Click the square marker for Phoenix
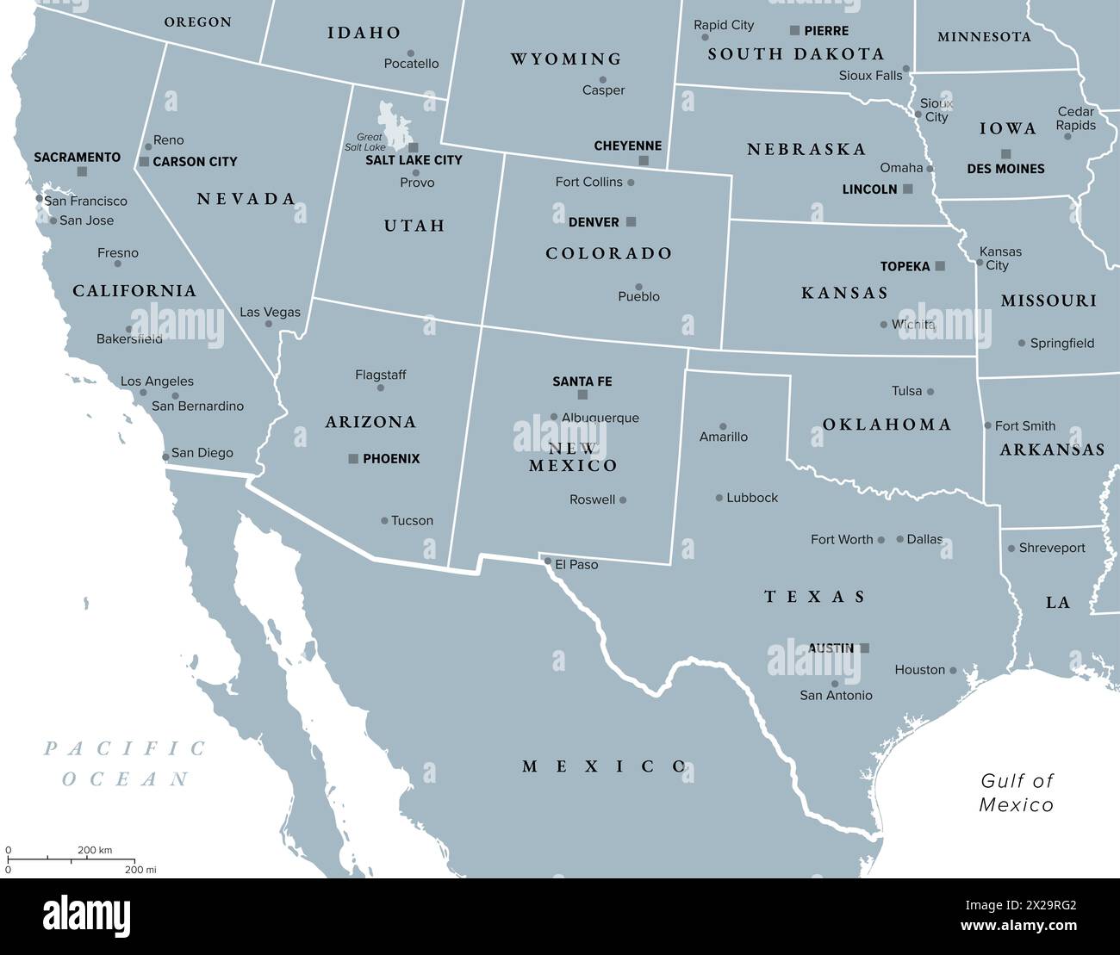pos(353,459)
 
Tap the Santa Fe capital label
pos(582,381)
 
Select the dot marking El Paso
pos(548,561)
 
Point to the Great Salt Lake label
pos(370,142)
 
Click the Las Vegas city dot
pos(269,325)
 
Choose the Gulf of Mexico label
pos(1017,792)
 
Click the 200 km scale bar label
pos(95,850)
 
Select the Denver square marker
pos(631,222)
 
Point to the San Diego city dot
pos(165,456)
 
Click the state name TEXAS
pos(815,596)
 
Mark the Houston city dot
pos(953,670)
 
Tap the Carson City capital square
pos(144,162)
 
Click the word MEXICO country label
pos(604,766)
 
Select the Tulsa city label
pos(906,391)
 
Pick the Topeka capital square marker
pos(940,266)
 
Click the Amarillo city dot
pos(723,426)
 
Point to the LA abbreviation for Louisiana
pos(1058,603)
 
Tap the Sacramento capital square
pos(82,171)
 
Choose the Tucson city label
pos(412,520)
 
